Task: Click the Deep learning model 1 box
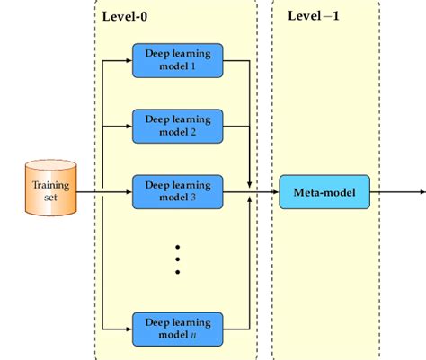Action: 177,59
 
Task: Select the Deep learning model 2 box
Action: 177,126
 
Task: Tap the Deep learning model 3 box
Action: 177,191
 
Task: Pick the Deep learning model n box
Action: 177,328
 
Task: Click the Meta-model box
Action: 324,192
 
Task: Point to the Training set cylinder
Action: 50,189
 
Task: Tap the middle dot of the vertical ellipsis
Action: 178,259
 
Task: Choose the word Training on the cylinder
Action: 50,184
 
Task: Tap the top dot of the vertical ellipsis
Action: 178,246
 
